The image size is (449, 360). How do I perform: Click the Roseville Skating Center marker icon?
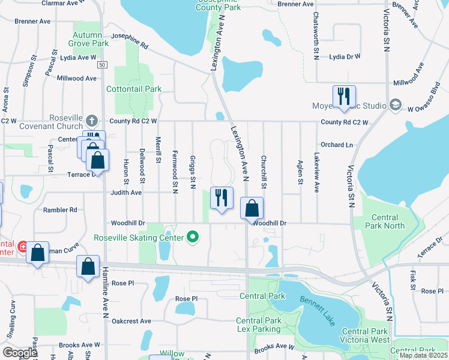tap(193, 237)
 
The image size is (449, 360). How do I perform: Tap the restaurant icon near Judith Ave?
tap(221, 197)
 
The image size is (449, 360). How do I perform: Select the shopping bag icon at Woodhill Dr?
tap(253, 209)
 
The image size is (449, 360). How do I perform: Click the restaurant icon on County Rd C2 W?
tap(344, 96)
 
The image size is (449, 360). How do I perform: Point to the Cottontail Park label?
tap(134, 89)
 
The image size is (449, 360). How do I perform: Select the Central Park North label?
tap(384, 221)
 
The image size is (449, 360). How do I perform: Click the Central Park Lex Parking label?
tap(259, 325)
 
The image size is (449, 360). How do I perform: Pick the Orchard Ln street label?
tap(337, 145)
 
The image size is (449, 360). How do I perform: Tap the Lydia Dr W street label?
tap(345, 56)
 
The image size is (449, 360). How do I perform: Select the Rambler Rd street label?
tap(60, 210)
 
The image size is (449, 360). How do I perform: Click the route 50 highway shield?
tap(103, 64)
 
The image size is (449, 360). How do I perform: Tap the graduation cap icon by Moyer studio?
tap(396, 105)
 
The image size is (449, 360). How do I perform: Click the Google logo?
tap(20, 353)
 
